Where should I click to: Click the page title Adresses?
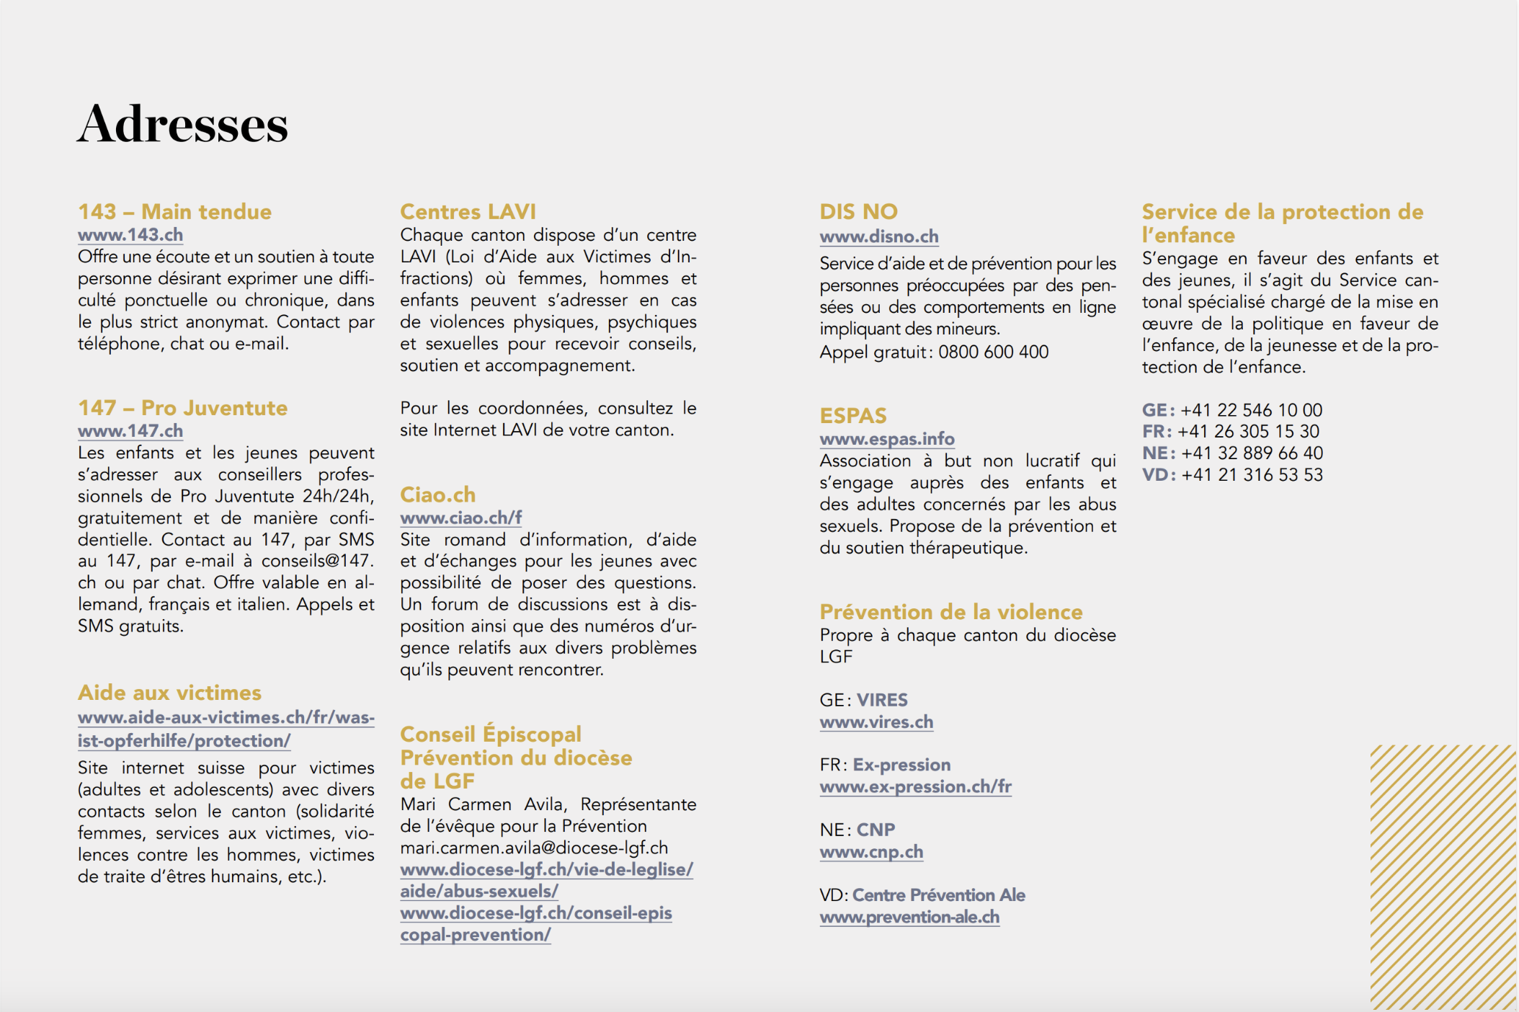182,124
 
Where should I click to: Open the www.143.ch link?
130,235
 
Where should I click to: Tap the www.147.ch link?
130,431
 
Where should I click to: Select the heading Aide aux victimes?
169,693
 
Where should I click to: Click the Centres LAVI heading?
468,212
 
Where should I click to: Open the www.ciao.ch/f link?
461,518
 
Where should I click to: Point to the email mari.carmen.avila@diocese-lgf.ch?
534,848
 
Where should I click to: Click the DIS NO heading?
858,212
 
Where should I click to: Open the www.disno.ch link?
879,236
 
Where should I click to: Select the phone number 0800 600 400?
994,352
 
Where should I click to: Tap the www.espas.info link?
887,439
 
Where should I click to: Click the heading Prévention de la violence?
951,612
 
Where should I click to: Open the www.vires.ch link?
876,722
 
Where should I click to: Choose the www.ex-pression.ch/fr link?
915,786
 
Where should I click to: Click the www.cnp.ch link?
871,852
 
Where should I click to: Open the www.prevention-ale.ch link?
909,917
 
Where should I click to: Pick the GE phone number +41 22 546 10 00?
1252,410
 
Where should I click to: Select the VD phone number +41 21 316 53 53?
1252,475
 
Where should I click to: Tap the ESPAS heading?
853,416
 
